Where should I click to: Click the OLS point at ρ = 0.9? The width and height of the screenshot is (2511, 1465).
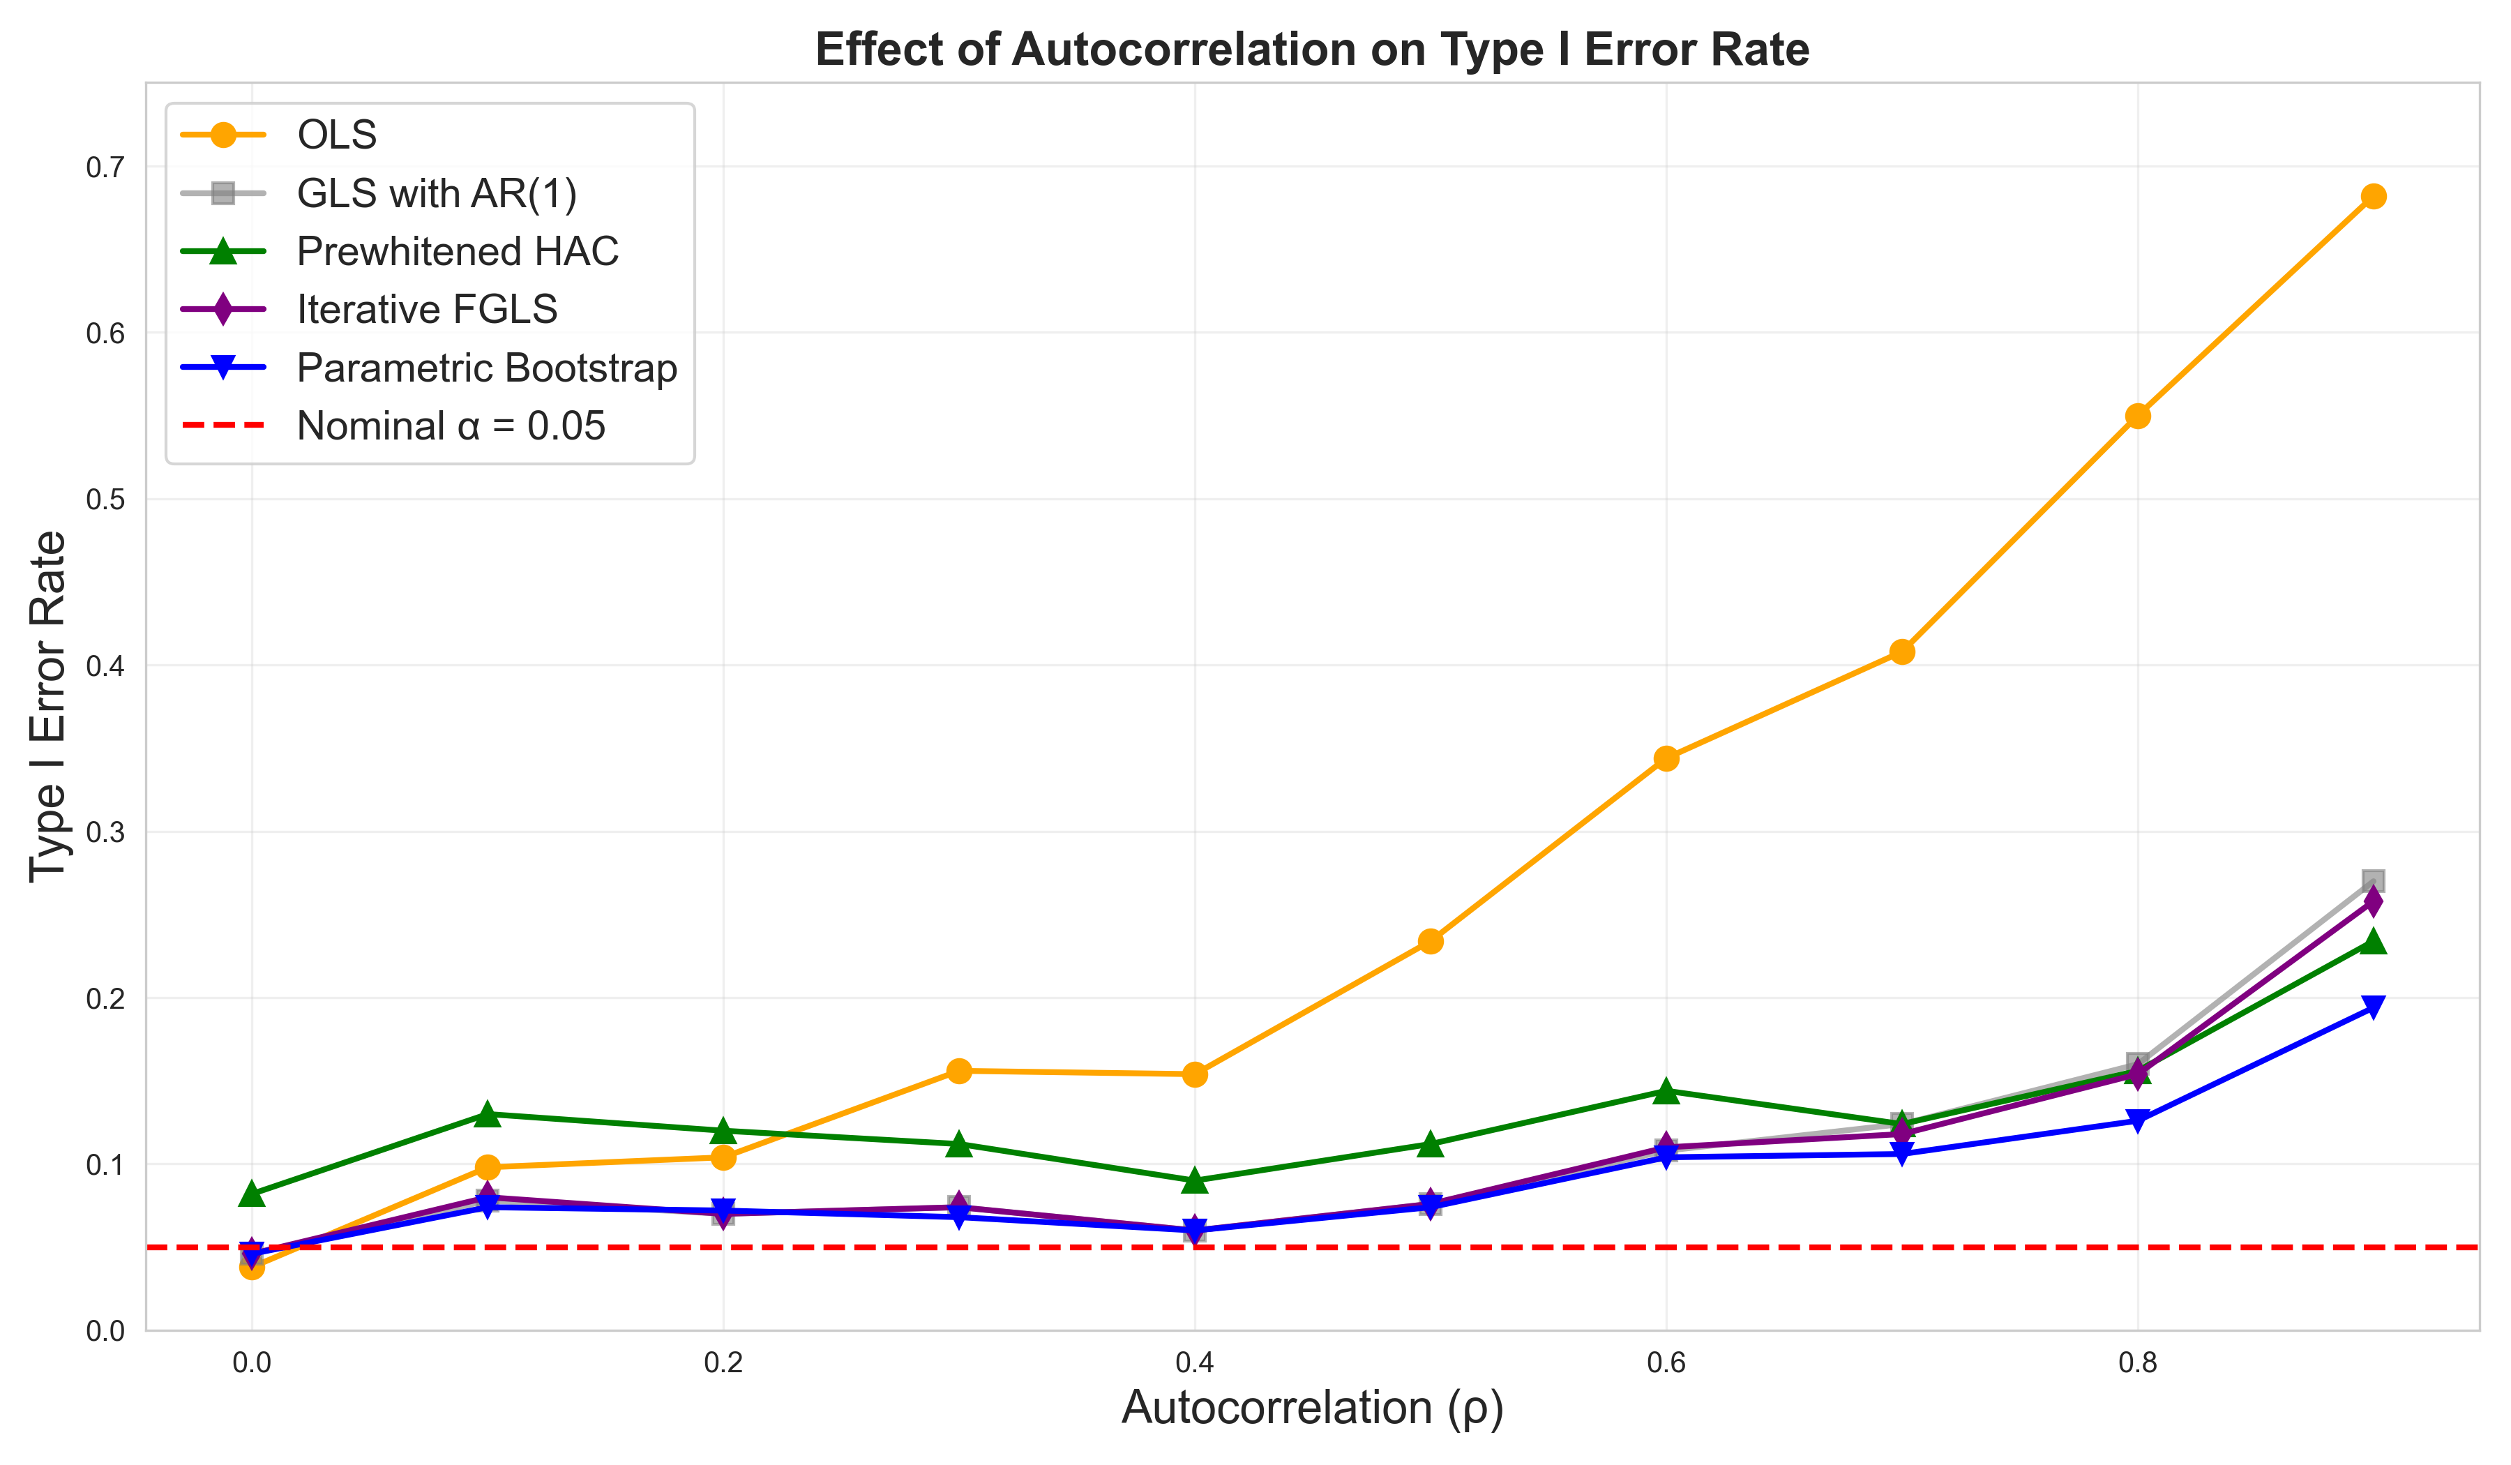(x=2374, y=196)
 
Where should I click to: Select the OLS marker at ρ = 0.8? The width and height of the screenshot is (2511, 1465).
(x=2137, y=416)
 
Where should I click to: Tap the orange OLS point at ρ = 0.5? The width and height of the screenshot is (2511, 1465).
(x=1431, y=941)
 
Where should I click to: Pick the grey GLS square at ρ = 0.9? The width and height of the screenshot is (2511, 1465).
(x=2374, y=881)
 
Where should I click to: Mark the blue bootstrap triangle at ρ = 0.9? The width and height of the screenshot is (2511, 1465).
(x=2374, y=1007)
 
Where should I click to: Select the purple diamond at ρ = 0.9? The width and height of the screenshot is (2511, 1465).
(x=2374, y=902)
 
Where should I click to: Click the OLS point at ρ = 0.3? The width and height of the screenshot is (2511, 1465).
(x=958, y=1072)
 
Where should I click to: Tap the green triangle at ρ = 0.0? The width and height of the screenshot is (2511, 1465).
(x=252, y=1194)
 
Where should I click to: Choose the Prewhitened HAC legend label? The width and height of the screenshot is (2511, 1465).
(x=458, y=251)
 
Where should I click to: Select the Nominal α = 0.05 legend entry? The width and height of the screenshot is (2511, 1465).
(x=451, y=426)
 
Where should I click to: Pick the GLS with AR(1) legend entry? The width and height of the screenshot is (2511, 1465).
(x=437, y=193)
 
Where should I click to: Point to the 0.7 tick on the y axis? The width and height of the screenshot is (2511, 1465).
(x=105, y=167)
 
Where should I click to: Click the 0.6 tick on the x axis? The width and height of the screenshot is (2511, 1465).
(x=1666, y=1362)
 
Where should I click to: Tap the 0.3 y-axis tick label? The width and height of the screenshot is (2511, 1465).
(x=105, y=832)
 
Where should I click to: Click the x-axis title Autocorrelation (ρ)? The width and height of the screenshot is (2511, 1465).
(x=1312, y=1408)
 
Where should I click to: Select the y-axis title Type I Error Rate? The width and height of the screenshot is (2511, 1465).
(x=48, y=707)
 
